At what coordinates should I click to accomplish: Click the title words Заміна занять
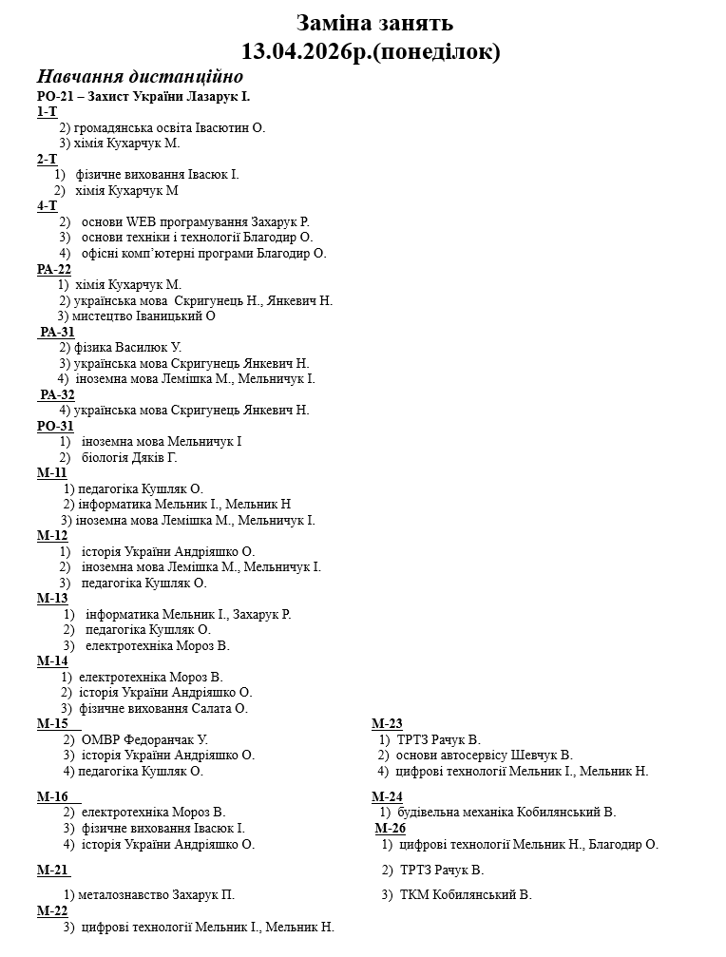click(x=374, y=22)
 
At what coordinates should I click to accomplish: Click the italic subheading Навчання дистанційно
click(x=140, y=77)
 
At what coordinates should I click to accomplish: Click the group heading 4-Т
click(x=47, y=206)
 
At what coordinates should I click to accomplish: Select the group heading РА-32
click(x=58, y=394)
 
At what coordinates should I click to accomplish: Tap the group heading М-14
click(x=52, y=660)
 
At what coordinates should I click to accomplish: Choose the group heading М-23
click(x=387, y=723)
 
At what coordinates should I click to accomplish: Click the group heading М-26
click(x=391, y=828)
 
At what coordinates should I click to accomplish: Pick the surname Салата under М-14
click(x=227, y=708)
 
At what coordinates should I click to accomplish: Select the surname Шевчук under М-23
click(x=536, y=755)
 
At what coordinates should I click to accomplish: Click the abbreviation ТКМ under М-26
click(x=414, y=894)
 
